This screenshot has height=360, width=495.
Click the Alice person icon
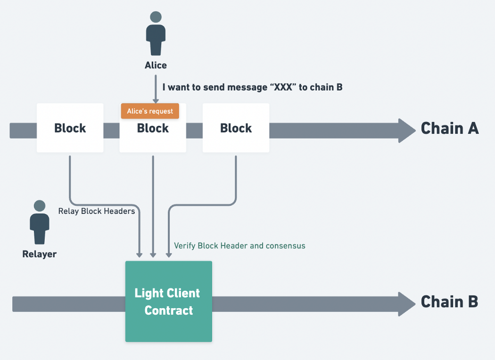point(156,33)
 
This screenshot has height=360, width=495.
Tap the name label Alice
point(156,65)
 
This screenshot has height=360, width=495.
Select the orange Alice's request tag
point(150,111)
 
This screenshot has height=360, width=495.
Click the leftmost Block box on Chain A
point(70,128)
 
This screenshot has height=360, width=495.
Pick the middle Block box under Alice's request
point(153,128)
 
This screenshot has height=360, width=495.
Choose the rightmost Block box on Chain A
point(236,128)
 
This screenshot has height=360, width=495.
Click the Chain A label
point(450,129)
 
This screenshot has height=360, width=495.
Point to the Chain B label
point(449,302)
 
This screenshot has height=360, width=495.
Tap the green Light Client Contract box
point(169,301)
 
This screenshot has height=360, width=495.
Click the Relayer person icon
point(40,222)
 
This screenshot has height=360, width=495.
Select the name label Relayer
point(40,254)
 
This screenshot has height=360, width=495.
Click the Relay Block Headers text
point(97,211)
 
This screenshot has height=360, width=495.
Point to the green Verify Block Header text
point(239,246)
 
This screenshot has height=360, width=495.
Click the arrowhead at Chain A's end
point(407,131)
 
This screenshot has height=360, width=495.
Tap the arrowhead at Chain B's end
point(407,304)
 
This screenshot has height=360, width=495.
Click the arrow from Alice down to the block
point(156,89)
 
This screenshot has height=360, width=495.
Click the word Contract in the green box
point(169,311)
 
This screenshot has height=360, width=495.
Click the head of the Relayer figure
point(40,206)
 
